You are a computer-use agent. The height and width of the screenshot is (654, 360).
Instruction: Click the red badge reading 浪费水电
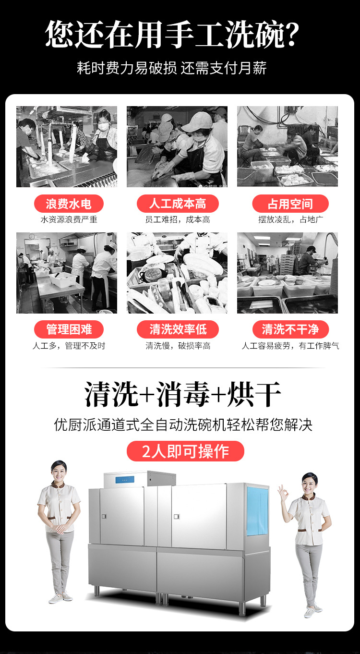pyautogui.click(x=69, y=204)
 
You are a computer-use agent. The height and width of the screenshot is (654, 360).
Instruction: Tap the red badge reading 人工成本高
pyautogui.click(x=178, y=204)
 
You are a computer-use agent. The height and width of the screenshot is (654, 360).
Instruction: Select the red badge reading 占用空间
pyautogui.click(x=290, y=204)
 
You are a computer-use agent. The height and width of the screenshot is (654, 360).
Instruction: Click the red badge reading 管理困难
pyautogui.click(x=69, y=329)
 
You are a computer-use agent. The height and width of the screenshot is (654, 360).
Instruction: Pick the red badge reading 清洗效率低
pyautogui.click(x=178, y=329)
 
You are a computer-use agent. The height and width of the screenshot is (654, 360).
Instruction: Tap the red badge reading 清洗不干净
pyautogui.click(x=290, y=329)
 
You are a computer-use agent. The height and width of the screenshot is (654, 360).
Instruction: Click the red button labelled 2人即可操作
pyautogui.click(x=185, y=451)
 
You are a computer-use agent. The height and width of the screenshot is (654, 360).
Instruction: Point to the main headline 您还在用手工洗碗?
pyautogui.click(x=173, y=35)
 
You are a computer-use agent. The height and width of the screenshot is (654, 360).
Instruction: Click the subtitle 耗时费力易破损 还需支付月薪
pyautogui.click(x=172, y=68)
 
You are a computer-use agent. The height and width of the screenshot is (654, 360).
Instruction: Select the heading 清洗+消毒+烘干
pyautogui.click(x=183, y=395)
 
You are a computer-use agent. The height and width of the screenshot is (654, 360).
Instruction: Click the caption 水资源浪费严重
pyautogui.click(x=69, y=219)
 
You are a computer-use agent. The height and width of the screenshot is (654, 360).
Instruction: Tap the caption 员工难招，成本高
pyautogui.click(x=178, y=219)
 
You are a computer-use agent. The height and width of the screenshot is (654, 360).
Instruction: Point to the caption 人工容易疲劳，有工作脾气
pyautogui.click(x=290, y=346)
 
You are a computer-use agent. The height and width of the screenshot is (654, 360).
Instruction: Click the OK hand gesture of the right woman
pyautogui.click(x=282, y=493)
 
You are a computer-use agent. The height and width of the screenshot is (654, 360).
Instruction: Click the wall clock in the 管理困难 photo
pyautogui.click(x=32, y=236)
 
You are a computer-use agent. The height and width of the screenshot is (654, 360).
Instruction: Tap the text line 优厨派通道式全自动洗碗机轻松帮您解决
pyautogui.click(x=183, y=425)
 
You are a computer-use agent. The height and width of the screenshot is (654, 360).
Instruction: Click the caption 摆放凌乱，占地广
pyautogui.click(x=290, y=219)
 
